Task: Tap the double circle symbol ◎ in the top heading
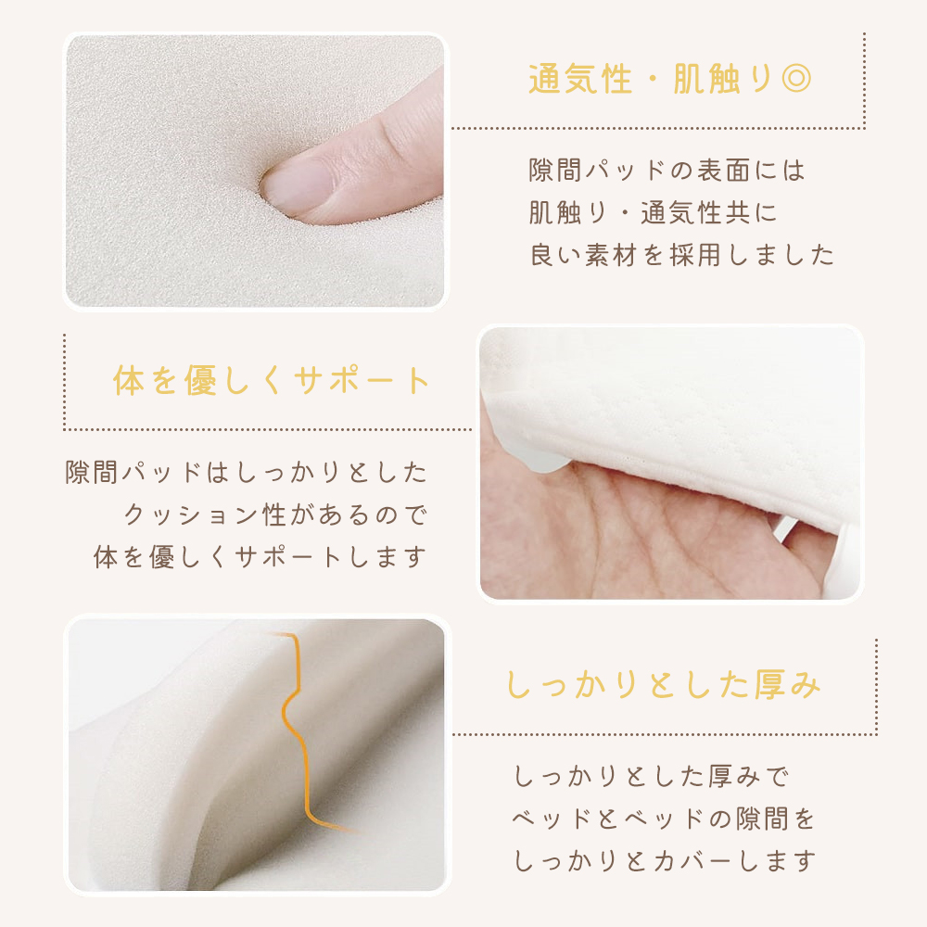click(x=795, y=79)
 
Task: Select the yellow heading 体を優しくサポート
click(x=272, y=379)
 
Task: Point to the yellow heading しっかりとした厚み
click(x=664, y=684)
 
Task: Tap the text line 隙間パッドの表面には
click(x=667, y=171)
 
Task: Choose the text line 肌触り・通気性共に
click(x=653, y=213)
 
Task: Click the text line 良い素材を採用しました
click(x=681, y=256)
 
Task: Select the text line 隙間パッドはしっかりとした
click(x=246, y=472)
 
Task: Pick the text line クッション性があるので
click(x=275, y=514)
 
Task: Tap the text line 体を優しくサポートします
click(x=260, y=557)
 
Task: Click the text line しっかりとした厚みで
click(x=651, y=776)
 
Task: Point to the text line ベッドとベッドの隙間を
click(x=664, y=819)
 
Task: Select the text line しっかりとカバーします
click(x=665, y=861)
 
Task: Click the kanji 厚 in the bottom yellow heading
click(x=769, y=684)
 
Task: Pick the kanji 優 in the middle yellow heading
click(x=200, y=379)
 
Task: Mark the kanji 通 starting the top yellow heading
click(x=545, y=79)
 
